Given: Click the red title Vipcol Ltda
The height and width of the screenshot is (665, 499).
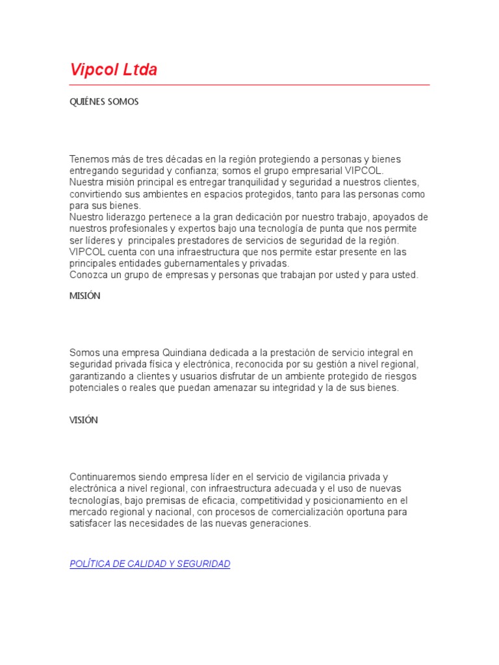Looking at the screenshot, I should point(113,70).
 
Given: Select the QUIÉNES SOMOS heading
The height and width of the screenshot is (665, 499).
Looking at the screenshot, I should point(104,102).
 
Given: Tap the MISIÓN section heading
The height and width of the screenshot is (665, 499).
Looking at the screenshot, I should point(85,295).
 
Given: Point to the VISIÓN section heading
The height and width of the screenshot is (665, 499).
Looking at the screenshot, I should point(84,420).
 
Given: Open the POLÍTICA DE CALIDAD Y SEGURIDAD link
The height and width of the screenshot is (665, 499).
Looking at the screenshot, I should point(150,564).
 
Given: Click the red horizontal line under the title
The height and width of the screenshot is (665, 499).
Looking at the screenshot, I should point(249,84).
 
